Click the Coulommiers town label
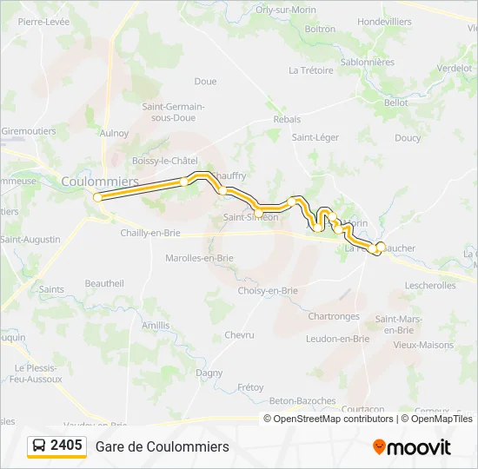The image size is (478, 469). click(x=100, y=181)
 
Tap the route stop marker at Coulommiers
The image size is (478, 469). click(x=98, y=197)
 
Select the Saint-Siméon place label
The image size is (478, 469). click(x=250, y=217)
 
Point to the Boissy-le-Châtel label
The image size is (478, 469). click(x=165, y=161)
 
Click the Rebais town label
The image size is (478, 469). click(x=287, y=119)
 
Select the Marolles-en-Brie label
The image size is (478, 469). click(x=199, y=258)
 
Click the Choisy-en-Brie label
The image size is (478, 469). click(x=268, y=291)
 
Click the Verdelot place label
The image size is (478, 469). click(x=455, y=68)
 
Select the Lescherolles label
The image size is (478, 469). click(x=430, y=285)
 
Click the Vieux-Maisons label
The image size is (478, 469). click(x=423, y=345)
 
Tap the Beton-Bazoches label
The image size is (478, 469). click(x=302, y=400)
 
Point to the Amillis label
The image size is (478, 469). click(x=156, y=325)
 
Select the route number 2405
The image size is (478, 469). click(x=67, y=446)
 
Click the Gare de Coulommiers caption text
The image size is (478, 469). click(x=163, y=446)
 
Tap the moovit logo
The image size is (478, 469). click(x=412, y=447)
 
